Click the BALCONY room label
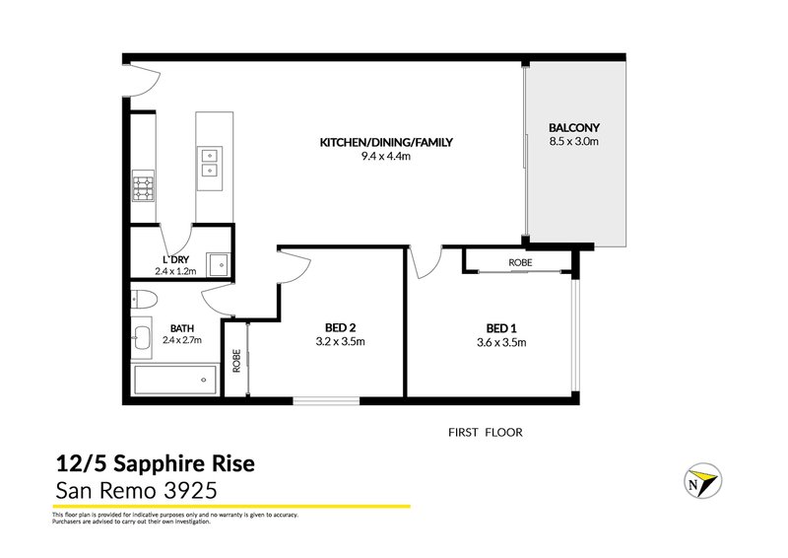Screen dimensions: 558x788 [574, 128]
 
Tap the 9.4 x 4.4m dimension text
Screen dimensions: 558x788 [385, 156]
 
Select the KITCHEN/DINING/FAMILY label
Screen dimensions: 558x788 [385, 142]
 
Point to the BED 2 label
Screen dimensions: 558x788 [340, 328]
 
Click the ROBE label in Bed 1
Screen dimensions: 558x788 [520, 263]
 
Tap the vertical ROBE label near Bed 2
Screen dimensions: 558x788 [236, 360]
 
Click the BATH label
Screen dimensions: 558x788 [181, 328]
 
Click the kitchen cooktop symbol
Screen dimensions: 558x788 [144, 184]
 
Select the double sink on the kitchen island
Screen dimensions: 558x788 [210, 162]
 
